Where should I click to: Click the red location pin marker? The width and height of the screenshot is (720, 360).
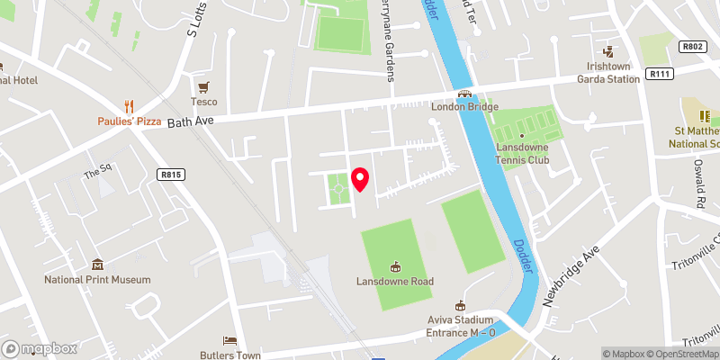pyautogui.click(x=360, y=179)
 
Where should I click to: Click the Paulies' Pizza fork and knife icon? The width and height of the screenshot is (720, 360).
pyautogui.click(x=130, y=105)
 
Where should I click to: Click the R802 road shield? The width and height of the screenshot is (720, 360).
pyautogui.click(x=691, y=46)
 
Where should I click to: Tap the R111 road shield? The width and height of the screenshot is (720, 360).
pyautogui.click(x=654, y=78)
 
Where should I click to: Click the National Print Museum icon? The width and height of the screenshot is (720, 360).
pyautogui.click(x=98, y=265)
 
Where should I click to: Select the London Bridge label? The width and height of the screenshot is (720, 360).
pyautogui.click(x=464, y=107)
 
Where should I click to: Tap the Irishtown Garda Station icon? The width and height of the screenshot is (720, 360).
pyautogui.click(x=608, y=51)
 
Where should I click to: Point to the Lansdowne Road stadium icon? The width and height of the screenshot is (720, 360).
pyautogui.click(x=394, y=266)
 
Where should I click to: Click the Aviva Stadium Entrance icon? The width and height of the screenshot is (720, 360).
pyautogui.click(x=461, y=305)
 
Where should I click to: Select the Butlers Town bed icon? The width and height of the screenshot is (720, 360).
pyautogui.click(x=229, y=341)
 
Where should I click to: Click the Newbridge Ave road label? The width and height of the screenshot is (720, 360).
pyautogui.click(x=571, y=275)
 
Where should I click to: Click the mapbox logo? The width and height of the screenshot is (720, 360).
pyautogui.click(x=40, y=348)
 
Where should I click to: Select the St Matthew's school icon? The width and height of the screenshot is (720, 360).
pyautogui.click(x=706, y=116)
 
